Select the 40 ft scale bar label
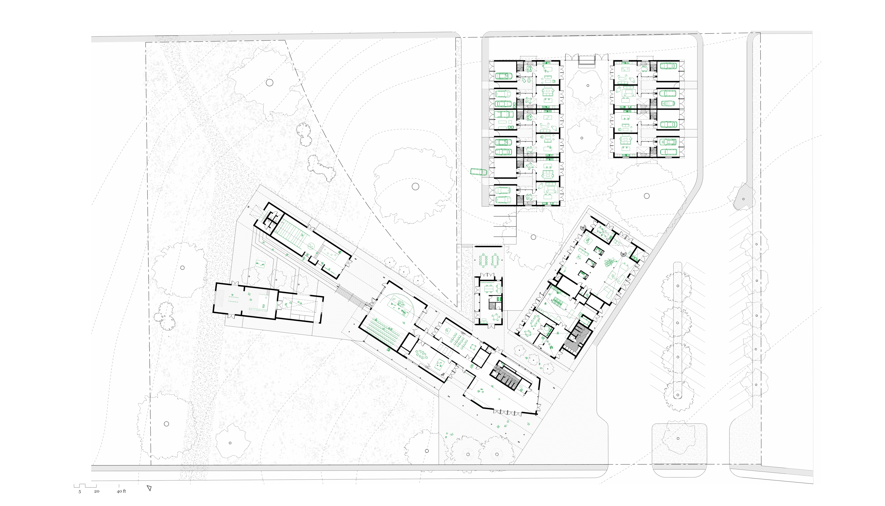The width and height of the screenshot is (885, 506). [x=121, y=491]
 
